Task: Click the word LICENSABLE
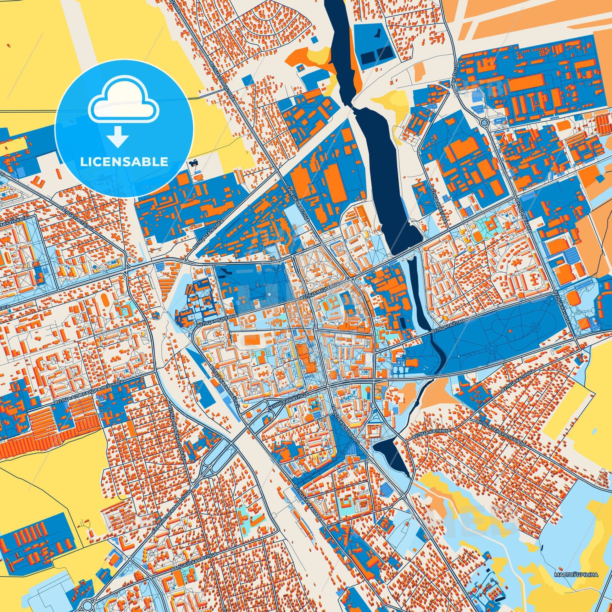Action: (124, 162)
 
